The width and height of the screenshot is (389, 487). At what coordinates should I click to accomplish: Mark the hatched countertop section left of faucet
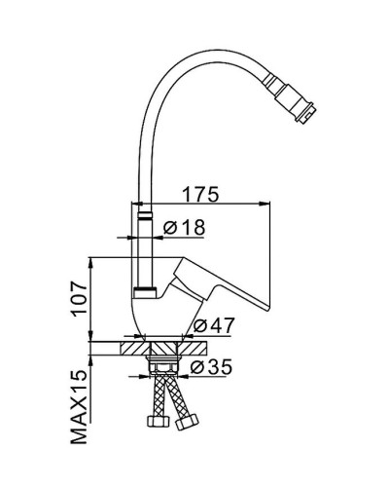(x=133, y=346)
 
